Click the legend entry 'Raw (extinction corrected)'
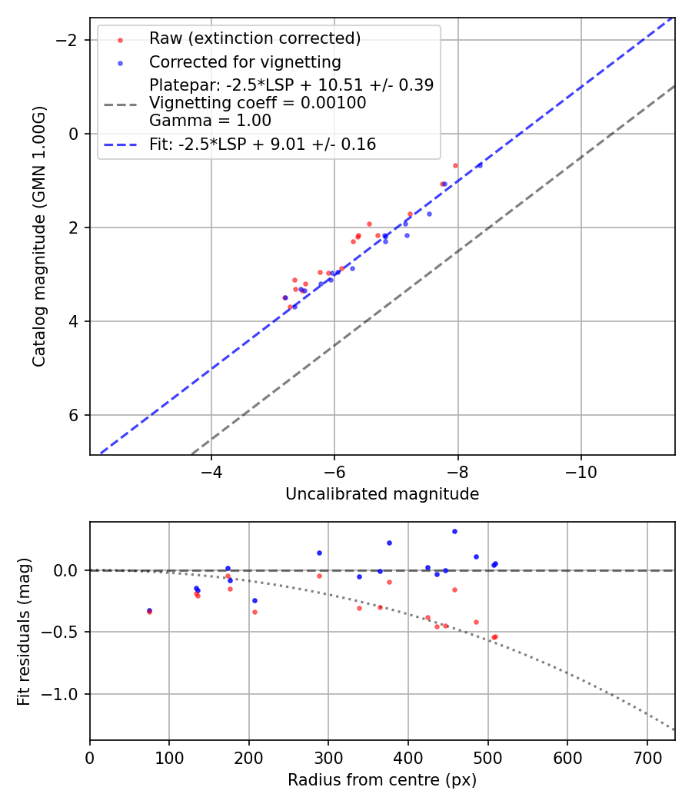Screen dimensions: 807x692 255,38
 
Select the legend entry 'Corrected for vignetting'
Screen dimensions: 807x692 245,61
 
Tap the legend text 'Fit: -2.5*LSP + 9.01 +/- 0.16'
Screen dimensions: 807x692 262,144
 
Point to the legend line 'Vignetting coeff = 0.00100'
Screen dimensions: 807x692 258,103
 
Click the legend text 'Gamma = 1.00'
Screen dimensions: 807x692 210,121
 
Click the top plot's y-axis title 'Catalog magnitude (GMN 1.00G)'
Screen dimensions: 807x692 39,236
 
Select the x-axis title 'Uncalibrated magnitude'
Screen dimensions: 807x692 382,494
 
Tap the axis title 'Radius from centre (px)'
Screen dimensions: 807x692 382,780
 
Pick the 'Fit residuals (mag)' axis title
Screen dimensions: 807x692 24,631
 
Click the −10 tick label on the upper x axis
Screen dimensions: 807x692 581,471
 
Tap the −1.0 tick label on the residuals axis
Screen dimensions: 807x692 65,694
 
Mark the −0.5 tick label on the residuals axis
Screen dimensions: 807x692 65,632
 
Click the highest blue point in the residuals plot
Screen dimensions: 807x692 454,531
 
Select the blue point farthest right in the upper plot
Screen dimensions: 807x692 479,165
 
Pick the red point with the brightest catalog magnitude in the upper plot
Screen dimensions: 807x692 455,165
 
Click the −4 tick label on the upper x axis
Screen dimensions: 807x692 211,471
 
